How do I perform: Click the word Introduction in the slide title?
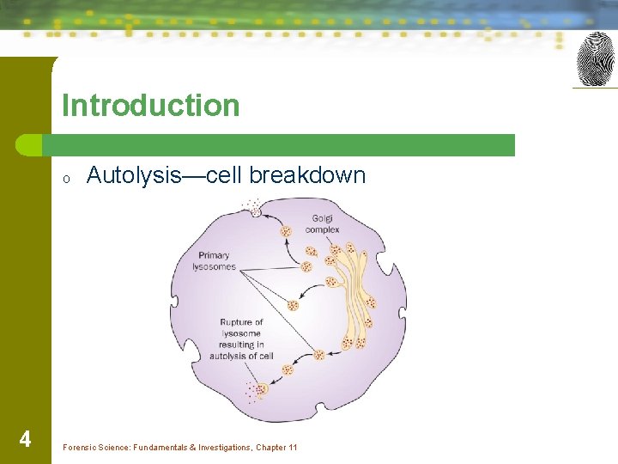[150, 106]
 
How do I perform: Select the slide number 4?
[25, 440]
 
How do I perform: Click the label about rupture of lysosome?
[241, 339]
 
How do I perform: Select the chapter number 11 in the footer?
[292, 448]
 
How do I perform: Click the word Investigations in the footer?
[221, 448]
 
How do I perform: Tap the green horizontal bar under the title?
[283, 144]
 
